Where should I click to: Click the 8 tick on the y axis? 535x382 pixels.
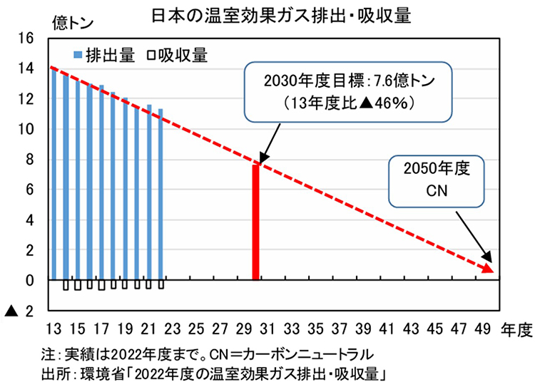(x=29, y=159)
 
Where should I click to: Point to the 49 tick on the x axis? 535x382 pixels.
(x=482, y=329)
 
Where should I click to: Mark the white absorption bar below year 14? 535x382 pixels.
(x=66, y=286)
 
